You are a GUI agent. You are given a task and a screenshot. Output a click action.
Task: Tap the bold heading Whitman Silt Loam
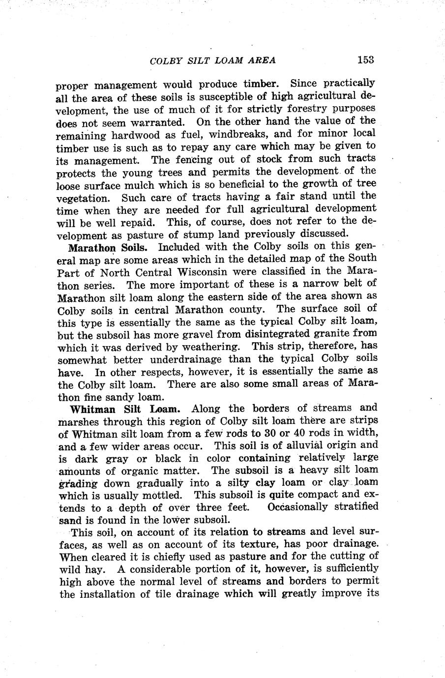125,409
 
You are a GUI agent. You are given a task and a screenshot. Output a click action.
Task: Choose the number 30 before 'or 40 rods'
255,433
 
